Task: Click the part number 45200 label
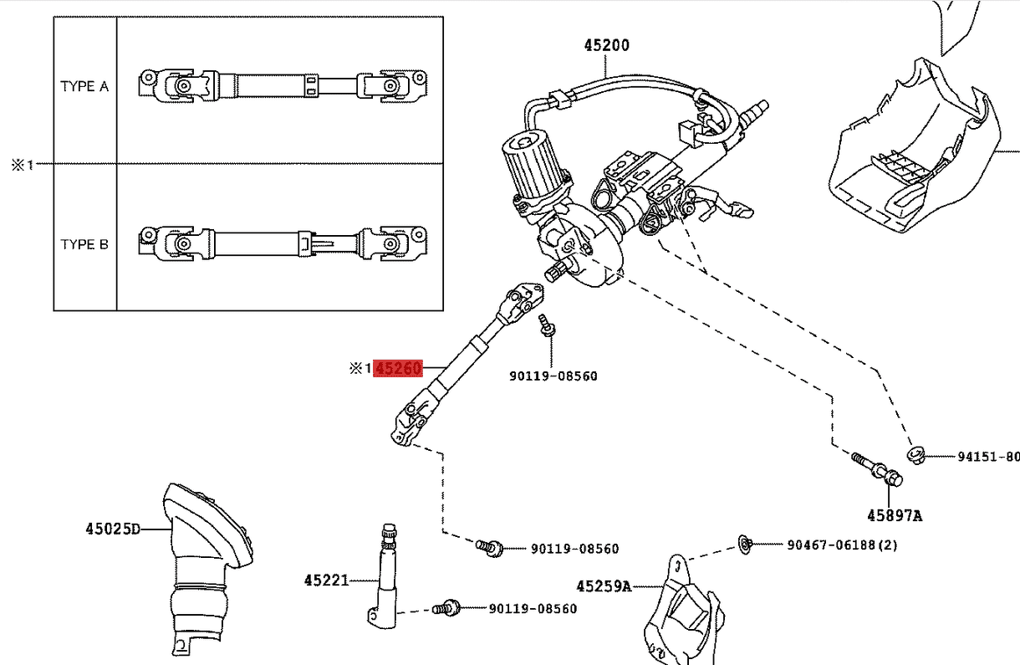tap(606, 45)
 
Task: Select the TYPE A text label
tap(84, 86)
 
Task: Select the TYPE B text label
tap(84, 245)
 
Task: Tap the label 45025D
tap(113, 529)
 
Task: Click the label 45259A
tap(603, 586)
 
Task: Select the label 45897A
tap(894, 516)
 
